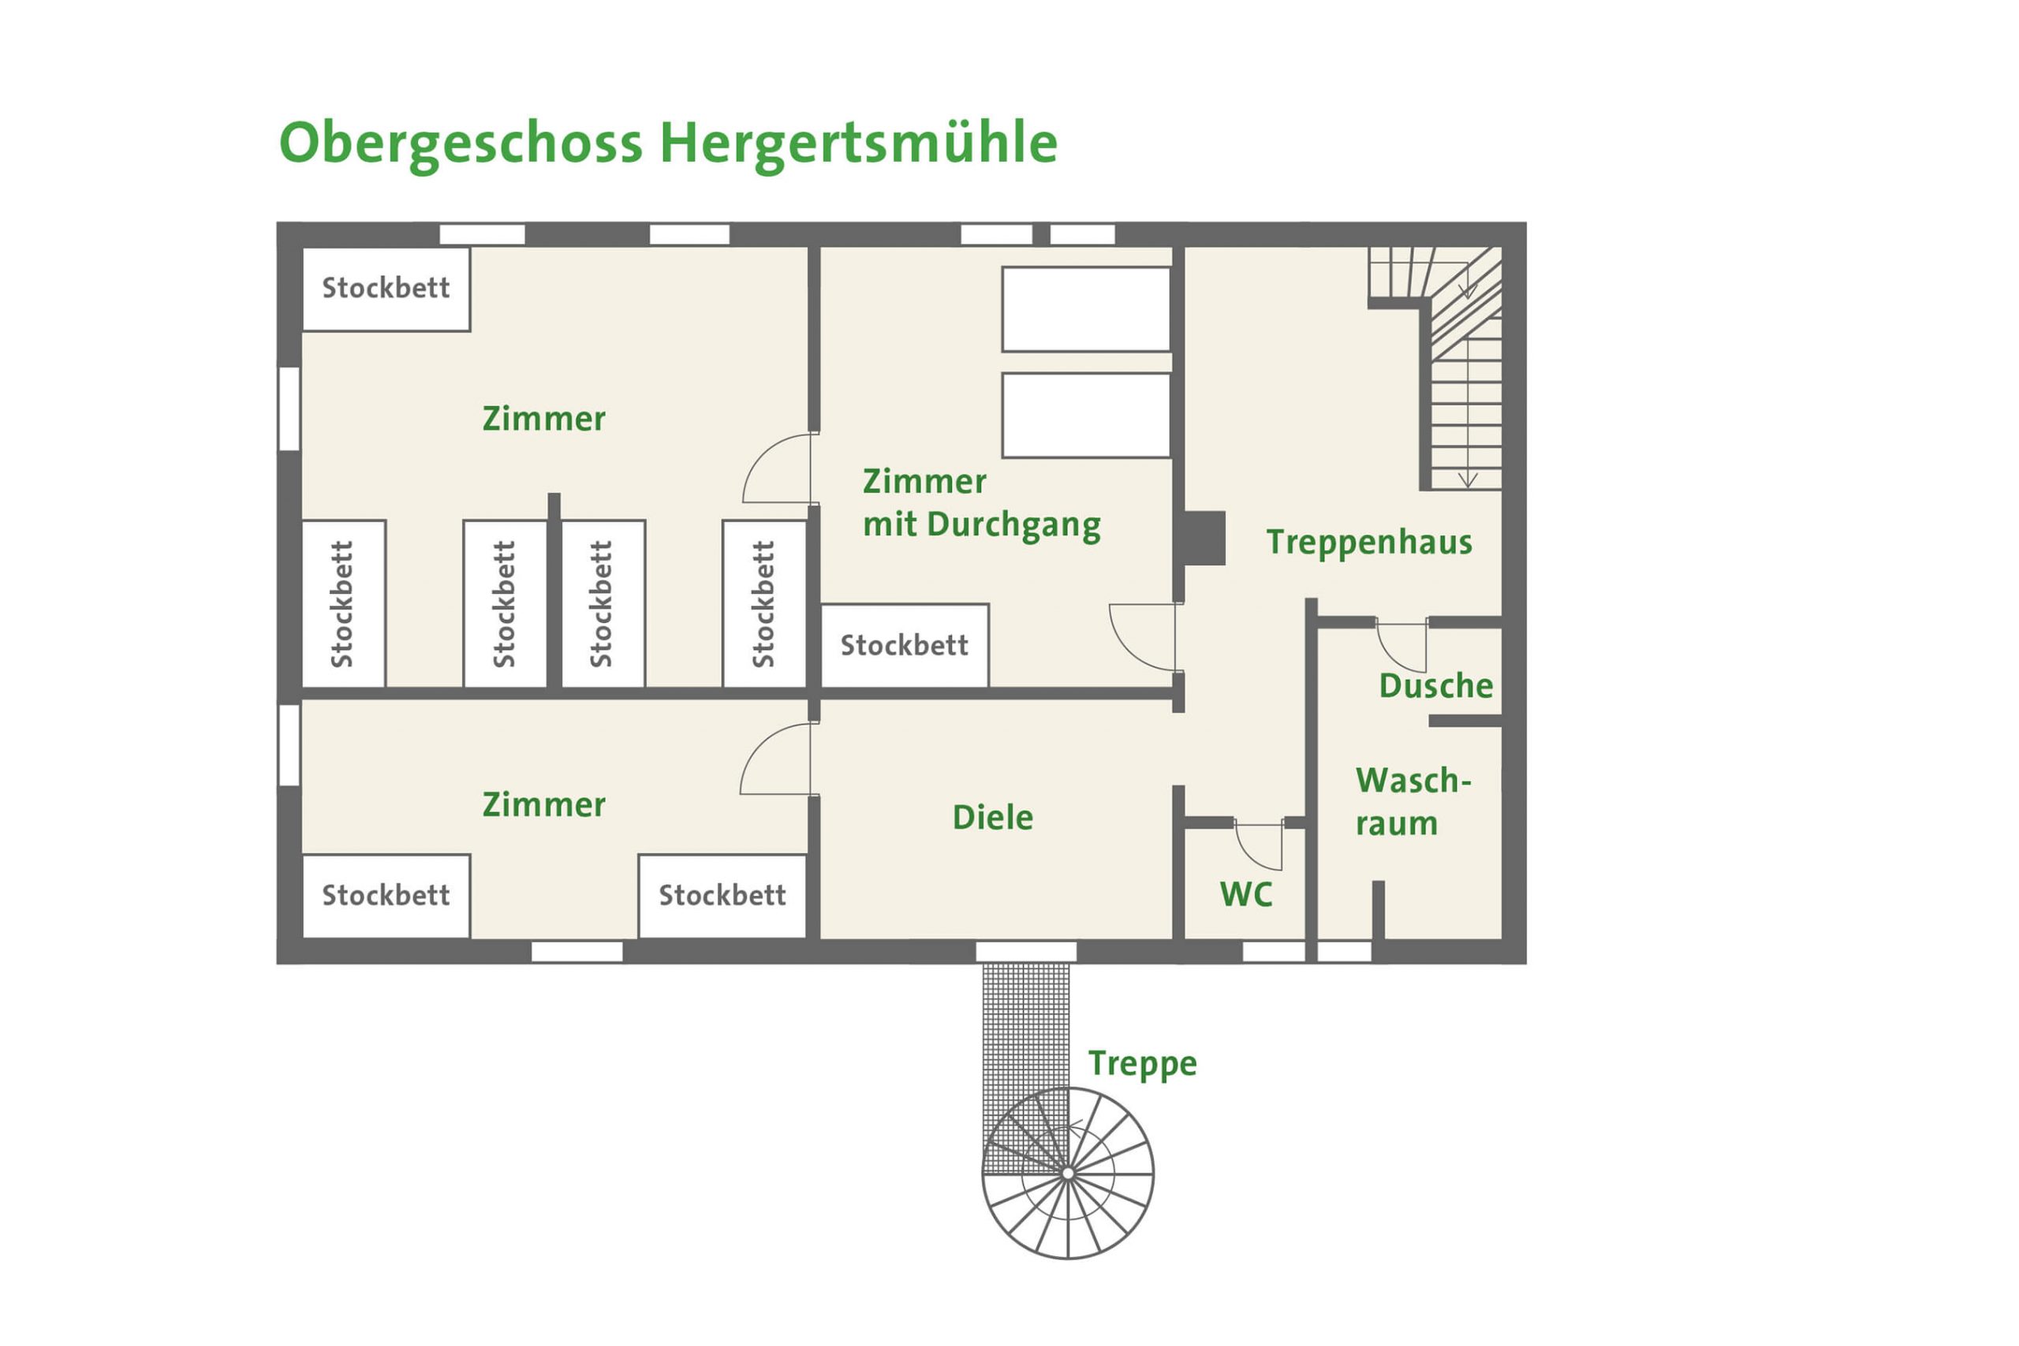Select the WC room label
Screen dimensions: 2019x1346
[1245, 895]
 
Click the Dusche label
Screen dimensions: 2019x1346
[1436, 686]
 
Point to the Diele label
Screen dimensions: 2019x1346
[992, 817]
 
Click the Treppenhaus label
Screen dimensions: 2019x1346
[1369, 543]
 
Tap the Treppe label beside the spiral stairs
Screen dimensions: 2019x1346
[1143, 1064]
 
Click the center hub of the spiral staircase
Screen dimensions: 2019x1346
[1068, 1173]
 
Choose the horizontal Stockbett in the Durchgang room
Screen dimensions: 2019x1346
[905, 645]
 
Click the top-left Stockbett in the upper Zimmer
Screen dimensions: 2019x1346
[386, 289]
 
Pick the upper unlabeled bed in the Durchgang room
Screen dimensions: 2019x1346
[1087, 309]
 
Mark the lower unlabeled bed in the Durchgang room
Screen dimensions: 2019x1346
[1087, 416]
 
